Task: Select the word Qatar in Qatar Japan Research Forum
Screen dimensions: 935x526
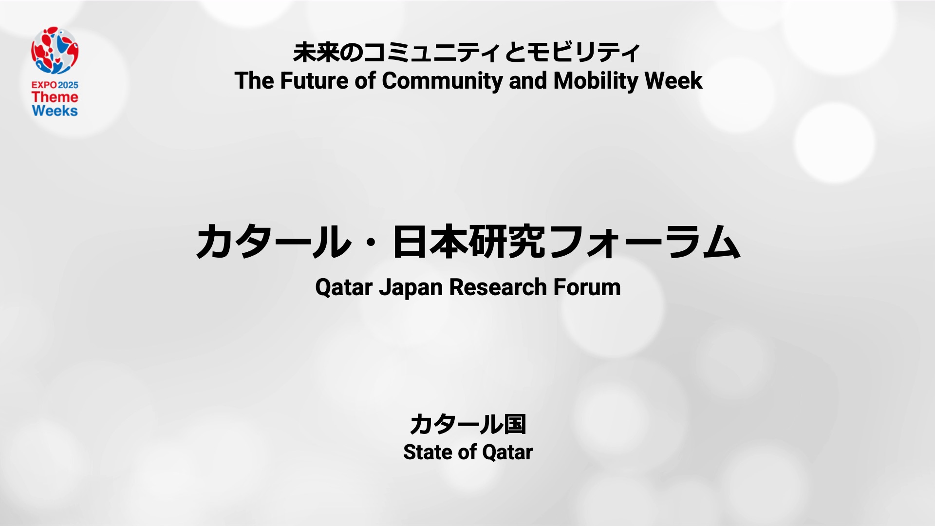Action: click(x=344, y=287)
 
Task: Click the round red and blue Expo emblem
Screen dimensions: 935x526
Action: click(x=55, y=51)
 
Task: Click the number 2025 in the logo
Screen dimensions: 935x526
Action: click(x=68, y=85)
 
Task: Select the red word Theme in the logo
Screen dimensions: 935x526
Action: click(x=55, y=97)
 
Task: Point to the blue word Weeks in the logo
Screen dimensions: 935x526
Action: click(x=55, y=111)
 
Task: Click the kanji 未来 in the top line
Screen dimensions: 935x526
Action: click(x=311, y=53)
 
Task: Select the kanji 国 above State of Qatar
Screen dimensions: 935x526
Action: click(x=515, y=424)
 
